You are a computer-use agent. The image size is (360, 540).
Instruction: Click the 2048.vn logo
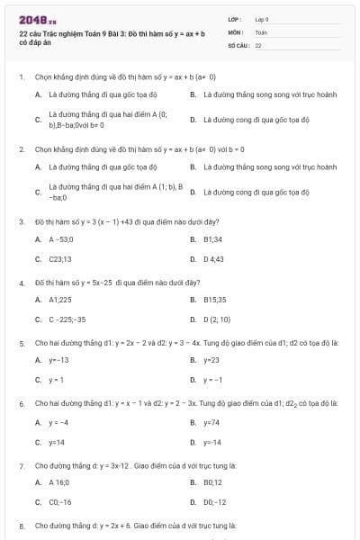pyautogui.click(x=38, y=18)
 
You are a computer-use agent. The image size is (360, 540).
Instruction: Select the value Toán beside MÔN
pyautogui.click(x=261, y=31)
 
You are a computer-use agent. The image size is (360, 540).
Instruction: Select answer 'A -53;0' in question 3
pyautogui.click(x=60, y=239)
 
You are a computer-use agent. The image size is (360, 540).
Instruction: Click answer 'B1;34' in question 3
pyautogui.click(x=213, y=239)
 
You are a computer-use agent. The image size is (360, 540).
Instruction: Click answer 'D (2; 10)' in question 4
pyautogui.click(x=217, y=319)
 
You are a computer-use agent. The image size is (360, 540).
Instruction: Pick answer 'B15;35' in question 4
pyautogui.click(x=215, y=300)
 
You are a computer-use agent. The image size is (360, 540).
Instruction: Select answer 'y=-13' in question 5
pyautogui.click(x=58, y=360)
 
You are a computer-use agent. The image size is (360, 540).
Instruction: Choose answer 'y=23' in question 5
pyautogui.click(x=211, y=360)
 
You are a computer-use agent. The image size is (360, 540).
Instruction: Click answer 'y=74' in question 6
pyautogui.click(x=211, y=422)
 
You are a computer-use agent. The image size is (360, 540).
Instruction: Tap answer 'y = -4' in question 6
pyautogui.click(x=58, y=422)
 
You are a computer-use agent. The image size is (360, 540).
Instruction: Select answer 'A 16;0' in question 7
pyautogui.click(x=60, y=483)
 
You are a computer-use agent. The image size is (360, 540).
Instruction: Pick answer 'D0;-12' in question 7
pyautogui.click(x=215, y=501)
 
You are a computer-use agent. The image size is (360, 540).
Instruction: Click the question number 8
pyautogui.click(x=21, y=525)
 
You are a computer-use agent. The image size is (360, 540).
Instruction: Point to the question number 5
pyautogui.click(x=21, y=343)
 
